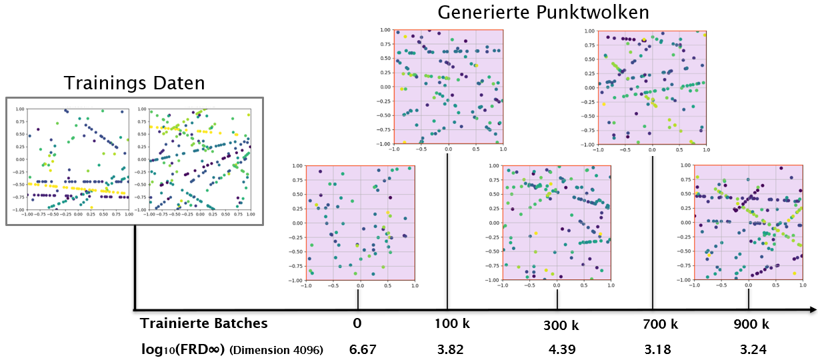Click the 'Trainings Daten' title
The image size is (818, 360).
click(x=134, y=83)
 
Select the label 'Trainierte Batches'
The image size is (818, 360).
click(x=204, y=323)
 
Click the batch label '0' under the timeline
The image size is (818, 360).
click(x=358, y=324)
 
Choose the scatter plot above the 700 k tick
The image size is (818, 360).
click(x=652, y=87)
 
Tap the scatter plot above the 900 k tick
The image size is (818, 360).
click(x=749, y=223)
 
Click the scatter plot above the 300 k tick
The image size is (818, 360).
click(x=556, y=223)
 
